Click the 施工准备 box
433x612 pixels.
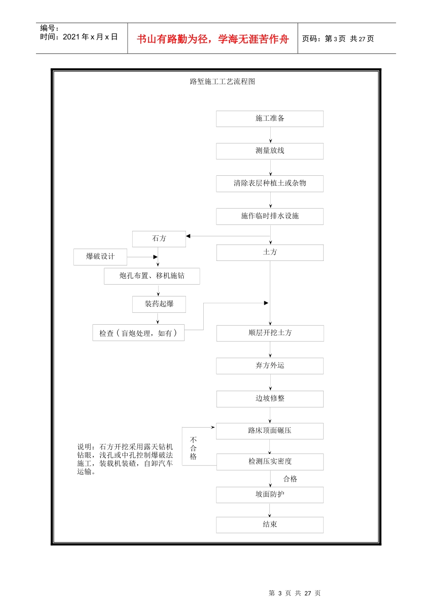tap(270, 118)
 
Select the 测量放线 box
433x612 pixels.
tap(270, 151)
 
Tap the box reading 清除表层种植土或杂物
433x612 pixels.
tap(270, 184)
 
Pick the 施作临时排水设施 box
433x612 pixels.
tap(270, 216)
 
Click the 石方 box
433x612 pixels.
tap(159, 239)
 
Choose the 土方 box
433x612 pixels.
tap(270, 252)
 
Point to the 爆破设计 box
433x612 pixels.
tap(100, 257)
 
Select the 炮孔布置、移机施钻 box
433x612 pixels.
tap(152, 276)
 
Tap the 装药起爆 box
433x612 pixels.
tap(159, 304)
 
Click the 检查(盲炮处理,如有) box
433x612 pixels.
tap(139, 333)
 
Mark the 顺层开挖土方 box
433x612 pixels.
tap(270, 333)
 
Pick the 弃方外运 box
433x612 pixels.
tap(270, 366)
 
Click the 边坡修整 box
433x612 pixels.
tap(270, 398)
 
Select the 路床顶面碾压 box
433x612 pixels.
tap(270, 431)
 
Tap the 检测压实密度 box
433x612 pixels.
tap(270, 462)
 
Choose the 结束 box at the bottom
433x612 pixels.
tap(270, 525)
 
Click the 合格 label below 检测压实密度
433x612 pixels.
tap(290, 479)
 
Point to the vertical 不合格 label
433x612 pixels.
tap(193, 448)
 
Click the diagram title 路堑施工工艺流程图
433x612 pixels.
tap(222, 82)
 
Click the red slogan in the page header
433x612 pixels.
tap(213, 39)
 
